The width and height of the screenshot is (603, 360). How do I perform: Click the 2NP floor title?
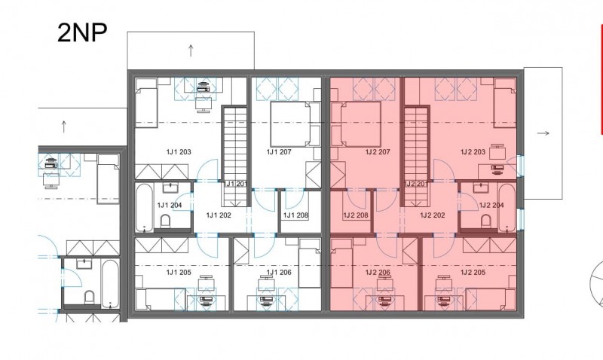click(82, 32)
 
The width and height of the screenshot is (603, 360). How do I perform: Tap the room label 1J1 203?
click(179, 152)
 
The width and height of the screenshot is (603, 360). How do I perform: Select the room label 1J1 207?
click(279, 152)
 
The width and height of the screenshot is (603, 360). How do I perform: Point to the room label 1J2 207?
click(378, 152)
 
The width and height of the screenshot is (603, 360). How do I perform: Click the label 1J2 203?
click(473, 152)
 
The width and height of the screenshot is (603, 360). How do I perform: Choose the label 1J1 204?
click(170, 205)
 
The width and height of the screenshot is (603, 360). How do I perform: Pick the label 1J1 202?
click(219, 215)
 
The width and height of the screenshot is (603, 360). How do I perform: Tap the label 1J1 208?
click(295, 215)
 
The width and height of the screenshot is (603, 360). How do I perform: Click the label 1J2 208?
click(356, 215)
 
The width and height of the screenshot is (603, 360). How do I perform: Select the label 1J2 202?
click(433, 215)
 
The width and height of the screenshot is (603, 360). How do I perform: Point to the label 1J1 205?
click(179, 273)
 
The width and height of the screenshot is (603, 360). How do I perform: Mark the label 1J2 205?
click(473, 273)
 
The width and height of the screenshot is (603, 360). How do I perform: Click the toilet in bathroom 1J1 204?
click(165, 221)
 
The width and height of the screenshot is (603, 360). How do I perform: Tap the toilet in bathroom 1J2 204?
click(486, 221)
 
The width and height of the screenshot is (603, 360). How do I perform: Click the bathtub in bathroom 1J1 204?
click(145, 207)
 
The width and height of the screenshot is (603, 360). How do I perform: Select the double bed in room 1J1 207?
click(291, 124)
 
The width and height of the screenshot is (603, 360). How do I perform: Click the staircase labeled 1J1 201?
click(234, 156)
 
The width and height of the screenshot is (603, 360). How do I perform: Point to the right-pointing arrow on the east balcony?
click(543, 133)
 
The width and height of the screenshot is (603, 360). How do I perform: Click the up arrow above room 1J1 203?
click(191, 50)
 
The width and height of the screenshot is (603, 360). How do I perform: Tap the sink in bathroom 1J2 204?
click(481, 188)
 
